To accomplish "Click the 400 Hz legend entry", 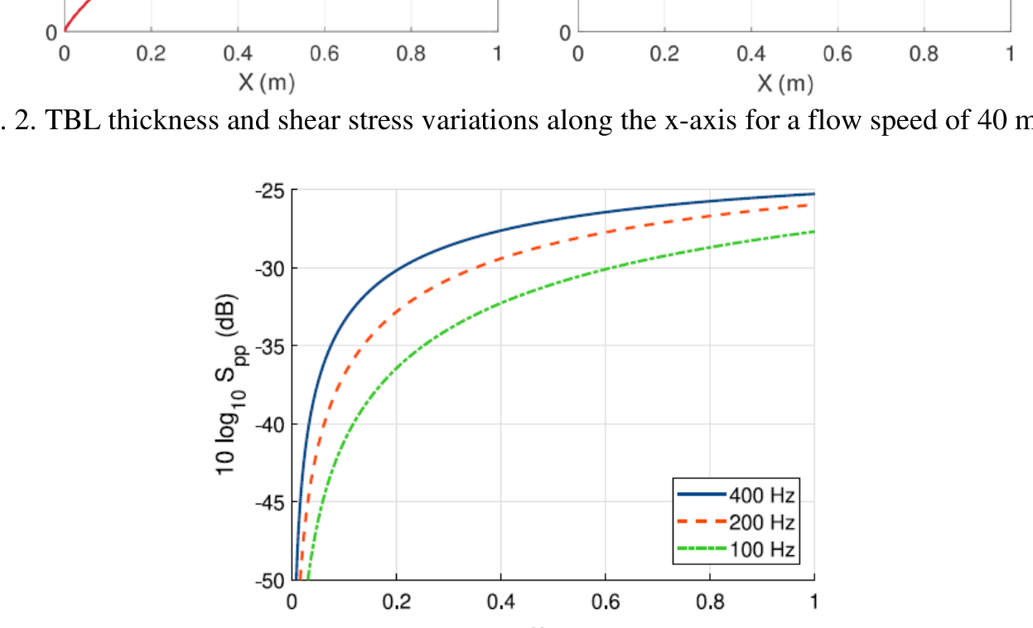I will (x=761, y=495).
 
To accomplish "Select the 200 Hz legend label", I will (x=761, y=522).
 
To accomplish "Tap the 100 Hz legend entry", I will (x=761, y=548).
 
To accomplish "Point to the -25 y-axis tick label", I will (x=269, y=191).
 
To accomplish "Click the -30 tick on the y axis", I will (x=269, y=268).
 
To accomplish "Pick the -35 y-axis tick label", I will (x=269, y=346).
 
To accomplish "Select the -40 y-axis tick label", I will (x=269, y=424).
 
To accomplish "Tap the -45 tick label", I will (x=269, y=502).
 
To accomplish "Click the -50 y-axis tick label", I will (x=269, y=580).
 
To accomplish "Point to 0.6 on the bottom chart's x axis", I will (x=606, y=602).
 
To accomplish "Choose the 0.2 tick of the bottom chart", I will (x=396, y=602).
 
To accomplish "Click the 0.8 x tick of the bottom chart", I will (x=710, y=602).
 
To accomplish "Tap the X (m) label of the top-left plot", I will (x=266, y=83).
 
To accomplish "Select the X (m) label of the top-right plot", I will (x=784, y=84).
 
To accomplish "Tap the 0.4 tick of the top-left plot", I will (x=238, y=54).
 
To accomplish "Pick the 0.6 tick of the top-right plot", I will (x=838, y=54).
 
